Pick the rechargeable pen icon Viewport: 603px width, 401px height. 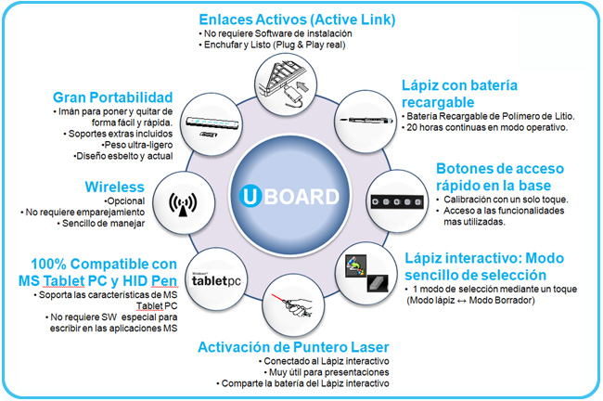coord(364,124)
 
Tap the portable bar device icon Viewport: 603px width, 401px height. coord(216,123)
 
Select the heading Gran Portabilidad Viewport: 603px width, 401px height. coord(113,96)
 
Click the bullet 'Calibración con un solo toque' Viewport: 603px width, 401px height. coord(503,200)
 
